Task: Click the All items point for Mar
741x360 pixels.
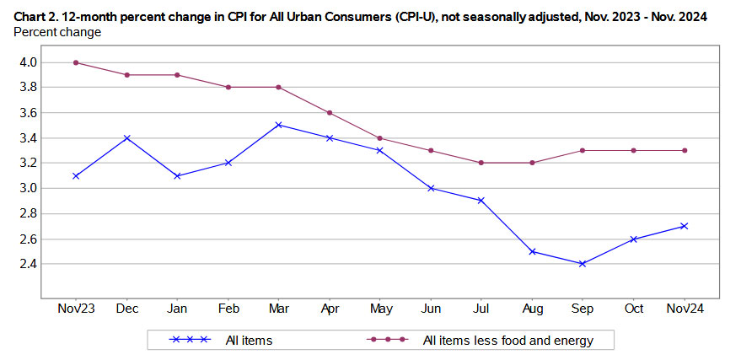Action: [279, 125]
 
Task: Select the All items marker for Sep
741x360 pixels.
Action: [583, 264]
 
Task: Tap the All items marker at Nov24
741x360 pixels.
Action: [684, 226]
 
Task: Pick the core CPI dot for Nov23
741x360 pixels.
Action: [77, 62]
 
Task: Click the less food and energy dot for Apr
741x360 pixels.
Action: [330, 113]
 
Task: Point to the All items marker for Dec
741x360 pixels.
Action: [127, 137]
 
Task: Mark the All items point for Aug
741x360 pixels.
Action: [532, 251]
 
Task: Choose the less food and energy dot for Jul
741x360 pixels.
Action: [481, 163]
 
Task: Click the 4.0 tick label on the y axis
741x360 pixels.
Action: [27, 62]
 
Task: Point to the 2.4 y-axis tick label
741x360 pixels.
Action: [27, 264]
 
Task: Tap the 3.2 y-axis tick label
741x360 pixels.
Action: [27, 163]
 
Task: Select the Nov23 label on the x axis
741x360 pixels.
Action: [77, 309]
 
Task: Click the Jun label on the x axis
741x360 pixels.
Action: [431, 309]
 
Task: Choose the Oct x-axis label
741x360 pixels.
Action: [633, 309]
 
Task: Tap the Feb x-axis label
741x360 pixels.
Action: [228, 309]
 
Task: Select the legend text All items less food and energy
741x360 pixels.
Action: [508, 340]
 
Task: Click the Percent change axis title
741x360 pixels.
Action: [57, 32]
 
